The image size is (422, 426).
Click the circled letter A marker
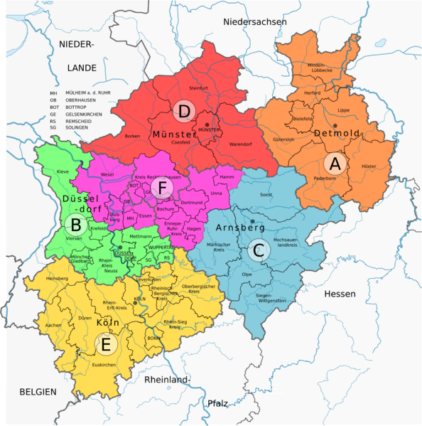336,164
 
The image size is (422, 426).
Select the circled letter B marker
74,225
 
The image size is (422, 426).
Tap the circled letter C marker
258,249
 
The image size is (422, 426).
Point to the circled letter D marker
184,111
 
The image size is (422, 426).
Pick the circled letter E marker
106,345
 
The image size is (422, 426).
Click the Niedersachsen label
254,22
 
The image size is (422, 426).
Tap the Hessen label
340,294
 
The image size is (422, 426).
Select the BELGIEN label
38,392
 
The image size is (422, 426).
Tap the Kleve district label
63,172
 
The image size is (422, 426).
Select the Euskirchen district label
104,365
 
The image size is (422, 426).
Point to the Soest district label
266,194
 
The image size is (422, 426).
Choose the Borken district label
132,135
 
